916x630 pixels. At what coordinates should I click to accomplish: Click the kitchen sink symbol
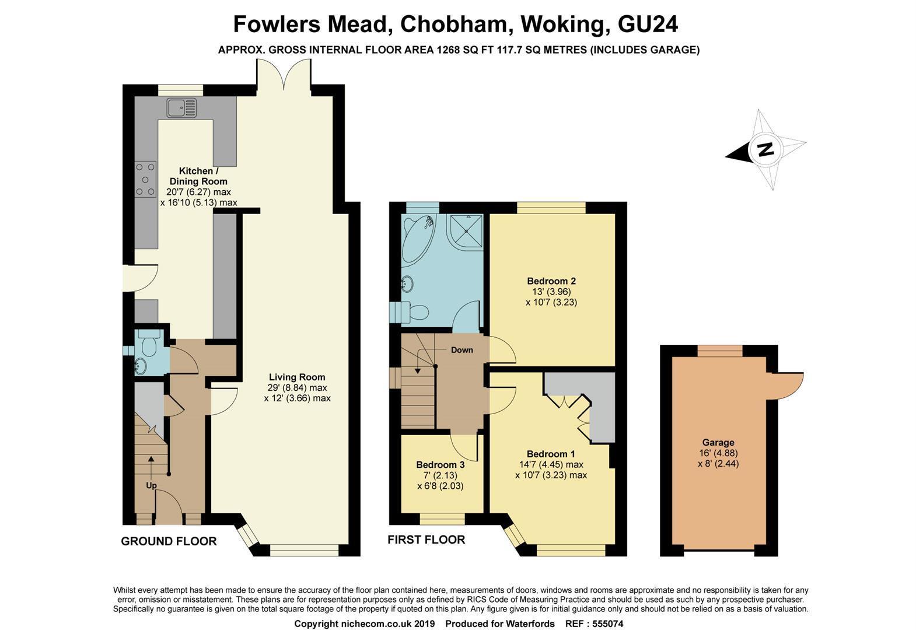pyautogui.click(x=182, y=108)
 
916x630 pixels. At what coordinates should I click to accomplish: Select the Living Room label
pyautogui.click(x=297, y=377)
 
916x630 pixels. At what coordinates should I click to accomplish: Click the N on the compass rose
pyautogui.click(x=765, y=149)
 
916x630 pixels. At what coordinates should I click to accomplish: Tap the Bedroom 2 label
pyautogui.click(x=551, y=281)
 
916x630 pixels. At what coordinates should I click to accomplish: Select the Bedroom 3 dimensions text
pyautogui.click(x=440, y=481)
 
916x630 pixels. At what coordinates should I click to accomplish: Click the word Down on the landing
pyautogui.click(x=462, y=350)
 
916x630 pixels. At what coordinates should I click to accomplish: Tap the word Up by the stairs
pyautogui.click(x=151, y=485)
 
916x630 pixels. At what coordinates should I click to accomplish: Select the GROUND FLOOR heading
pyautogui.click(x=169, y=541)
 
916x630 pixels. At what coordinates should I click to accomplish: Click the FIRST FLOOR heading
pyautogui.click(x=426, y=540)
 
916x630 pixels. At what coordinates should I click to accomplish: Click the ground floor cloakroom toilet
pyautogui.click(x=149, y=344)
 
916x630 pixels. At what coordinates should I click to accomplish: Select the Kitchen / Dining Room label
pyautogui.click(x=195, y=176)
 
